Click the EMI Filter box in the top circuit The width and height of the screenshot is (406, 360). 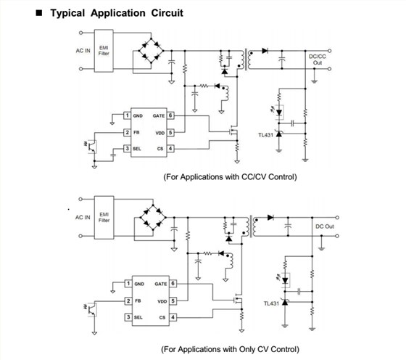pos(104,51)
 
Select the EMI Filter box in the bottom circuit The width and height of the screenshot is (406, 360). pos(104,218)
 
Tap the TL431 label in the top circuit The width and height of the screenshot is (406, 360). pos(265,135)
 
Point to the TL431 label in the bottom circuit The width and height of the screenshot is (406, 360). pos(271,303)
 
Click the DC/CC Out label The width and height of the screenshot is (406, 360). pos(318,60)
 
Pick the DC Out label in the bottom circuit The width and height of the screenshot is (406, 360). pos(325,226)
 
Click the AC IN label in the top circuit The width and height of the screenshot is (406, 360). pos(83,51)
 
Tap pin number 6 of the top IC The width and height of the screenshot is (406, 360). pos(170,115)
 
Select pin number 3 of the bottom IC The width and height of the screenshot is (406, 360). pos(128,317)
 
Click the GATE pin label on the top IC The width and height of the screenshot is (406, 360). pos(159,116)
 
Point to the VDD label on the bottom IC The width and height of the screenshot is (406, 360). pos(162,301)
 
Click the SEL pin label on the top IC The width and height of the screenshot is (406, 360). pos(137,149)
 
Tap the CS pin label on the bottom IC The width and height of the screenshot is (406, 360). pos(162,317)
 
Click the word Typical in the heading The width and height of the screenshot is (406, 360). pos(67,13)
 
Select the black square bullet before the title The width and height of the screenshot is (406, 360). pos(39,13)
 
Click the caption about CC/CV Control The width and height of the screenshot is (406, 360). pos(231,177)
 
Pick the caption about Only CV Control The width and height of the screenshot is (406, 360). pos(231,349)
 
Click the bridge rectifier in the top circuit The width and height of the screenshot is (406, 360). pos(152,51)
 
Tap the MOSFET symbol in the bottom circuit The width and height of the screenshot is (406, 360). pos(239,300)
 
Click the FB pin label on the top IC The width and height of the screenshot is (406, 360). pos(136,132)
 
